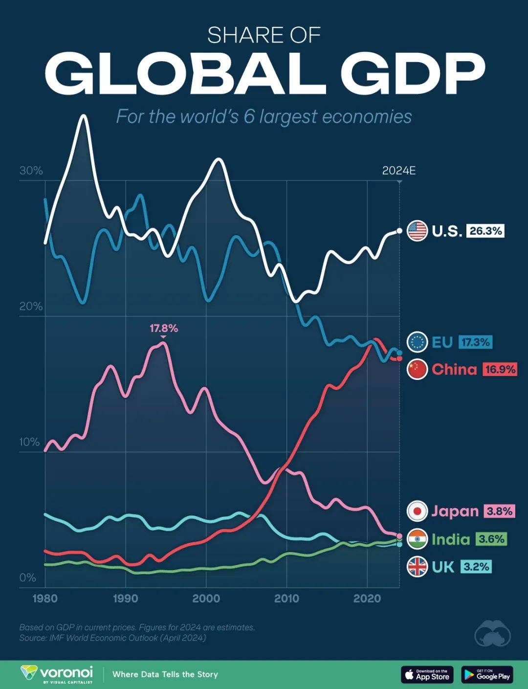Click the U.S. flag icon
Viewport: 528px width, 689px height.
click(x=417, y=231)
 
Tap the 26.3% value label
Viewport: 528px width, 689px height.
click(x=485, y=231)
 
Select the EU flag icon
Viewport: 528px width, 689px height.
click(x=417, y=342)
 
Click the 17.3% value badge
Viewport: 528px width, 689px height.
click(x=475, y=342)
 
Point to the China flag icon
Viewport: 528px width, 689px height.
click(x=417, y=369)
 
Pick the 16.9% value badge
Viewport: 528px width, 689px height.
click(x=500, y=369)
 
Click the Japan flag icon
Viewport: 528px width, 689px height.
click(x=417, y=511)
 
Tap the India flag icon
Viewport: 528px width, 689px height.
click(x=417, y=539)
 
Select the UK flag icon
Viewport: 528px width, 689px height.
click(x=417, y=567)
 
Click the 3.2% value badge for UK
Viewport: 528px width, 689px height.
click(x=476, y=567)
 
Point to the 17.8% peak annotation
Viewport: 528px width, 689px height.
click(x=163, y=329)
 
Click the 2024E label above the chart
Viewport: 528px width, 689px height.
click(x=398, y=171)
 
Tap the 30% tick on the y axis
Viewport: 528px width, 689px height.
click(x=31, y=171)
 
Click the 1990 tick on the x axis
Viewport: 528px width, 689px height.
click(x=126, y=599)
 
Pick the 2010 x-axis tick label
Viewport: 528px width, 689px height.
click(x=286, y=599)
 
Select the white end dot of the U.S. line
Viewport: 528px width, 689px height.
click(x=399, y=231)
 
